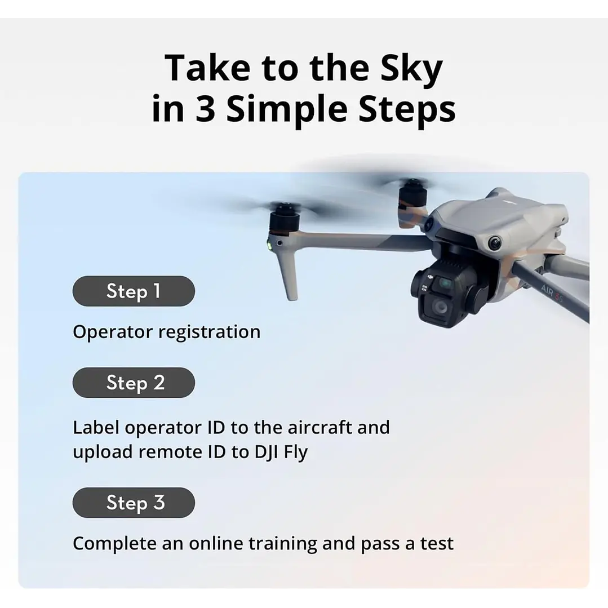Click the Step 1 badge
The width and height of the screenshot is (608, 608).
tap(134, 291)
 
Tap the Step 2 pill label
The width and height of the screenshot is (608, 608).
tap(134, 383)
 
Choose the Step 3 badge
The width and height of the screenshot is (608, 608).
tap(134, 503)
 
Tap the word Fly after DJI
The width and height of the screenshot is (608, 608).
tap(296, 452)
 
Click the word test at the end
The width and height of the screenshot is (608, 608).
tap(437, 544)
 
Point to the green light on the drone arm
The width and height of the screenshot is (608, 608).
tap(270, 245)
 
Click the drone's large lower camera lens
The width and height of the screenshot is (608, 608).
tap(440, 307)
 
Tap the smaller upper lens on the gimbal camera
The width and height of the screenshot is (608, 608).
tap(445, 282)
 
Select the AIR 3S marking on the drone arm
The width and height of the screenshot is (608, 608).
tap(551, 293)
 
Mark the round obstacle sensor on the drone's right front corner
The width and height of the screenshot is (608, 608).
tap(495, 243)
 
